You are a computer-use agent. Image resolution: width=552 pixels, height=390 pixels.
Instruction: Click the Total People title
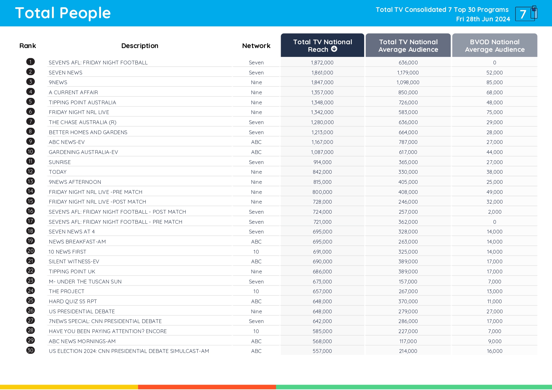[63, 13]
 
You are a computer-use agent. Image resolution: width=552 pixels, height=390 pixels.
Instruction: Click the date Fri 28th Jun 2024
[483, 19]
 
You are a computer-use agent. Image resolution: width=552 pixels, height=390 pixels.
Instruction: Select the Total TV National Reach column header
[322, 46]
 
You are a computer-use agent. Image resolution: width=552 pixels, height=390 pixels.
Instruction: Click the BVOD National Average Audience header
[494, 46]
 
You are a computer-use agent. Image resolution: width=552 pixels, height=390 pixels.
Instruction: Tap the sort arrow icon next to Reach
[334, 49]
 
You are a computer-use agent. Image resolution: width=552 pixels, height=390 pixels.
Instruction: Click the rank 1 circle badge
[31, 62]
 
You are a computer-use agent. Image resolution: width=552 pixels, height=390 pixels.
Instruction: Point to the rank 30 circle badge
[31, 350]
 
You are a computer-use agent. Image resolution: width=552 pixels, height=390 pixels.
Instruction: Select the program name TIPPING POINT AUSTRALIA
[82, 102]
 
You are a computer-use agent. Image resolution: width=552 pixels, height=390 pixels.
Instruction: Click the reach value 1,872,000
[322, 63]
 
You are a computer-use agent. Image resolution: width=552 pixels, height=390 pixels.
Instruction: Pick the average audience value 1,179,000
[408, 73]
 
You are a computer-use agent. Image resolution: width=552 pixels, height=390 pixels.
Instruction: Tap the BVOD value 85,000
[494, 82]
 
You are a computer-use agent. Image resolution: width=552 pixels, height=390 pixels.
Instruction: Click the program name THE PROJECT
[67, 291]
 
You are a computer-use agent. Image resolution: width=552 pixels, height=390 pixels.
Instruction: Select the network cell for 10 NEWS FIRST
[256, 252]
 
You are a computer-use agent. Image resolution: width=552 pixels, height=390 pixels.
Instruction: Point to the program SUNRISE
[60, 162]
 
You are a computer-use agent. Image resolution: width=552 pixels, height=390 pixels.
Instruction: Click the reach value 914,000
[322, 162]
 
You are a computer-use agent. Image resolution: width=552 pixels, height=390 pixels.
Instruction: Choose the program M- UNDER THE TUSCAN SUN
[85, 282]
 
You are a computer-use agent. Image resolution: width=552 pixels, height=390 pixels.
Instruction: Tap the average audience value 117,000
[408, 341]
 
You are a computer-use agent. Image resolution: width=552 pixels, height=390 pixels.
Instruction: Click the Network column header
[256, 46]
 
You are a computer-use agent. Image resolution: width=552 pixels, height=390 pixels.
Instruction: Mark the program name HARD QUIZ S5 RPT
[73, 301]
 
